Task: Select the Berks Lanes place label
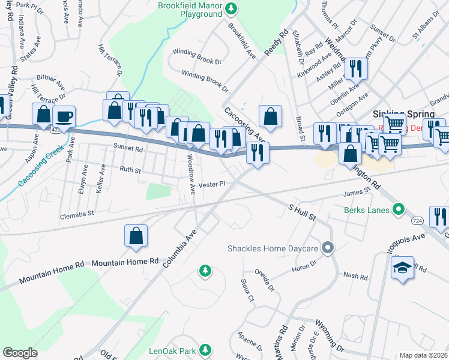[367, 210]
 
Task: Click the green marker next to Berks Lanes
[397, 210]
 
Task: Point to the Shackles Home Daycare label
[273, 248]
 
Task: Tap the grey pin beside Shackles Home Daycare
[327, 247]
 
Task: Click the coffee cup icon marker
[64, 116]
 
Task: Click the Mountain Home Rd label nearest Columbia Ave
[125, 262]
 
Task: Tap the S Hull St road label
[302, 211]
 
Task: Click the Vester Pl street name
[211, 184]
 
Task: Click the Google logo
[20, 353]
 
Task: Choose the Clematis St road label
[77, 213]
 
